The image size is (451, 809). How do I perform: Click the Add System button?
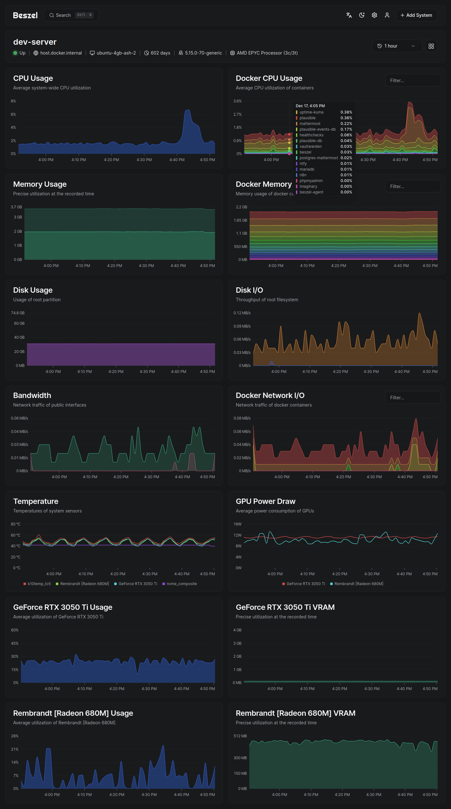(x=416, y=15)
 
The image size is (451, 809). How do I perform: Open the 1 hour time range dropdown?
(x=396, y=46)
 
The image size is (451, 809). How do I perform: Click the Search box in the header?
(x=71, y=15)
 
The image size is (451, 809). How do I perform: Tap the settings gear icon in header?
(x=374, y=15)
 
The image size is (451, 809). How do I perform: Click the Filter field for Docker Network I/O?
(x=412, y=397)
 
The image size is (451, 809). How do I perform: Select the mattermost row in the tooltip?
(x=310, y=124)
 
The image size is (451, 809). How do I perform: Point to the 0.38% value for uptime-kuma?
(x=346, y=112)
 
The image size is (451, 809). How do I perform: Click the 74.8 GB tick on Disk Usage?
(x=18, y=313)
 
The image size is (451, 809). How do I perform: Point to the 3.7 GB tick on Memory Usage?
(x=16, y=207)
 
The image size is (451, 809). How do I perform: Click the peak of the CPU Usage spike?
(x=188, y=110)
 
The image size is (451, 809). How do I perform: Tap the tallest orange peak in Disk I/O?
(x=419, y=314)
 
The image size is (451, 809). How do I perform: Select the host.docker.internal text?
(x=61, y=53)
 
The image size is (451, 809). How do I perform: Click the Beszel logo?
(x=25, y=15)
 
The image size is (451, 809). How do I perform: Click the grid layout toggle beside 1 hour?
(x=431, y=46)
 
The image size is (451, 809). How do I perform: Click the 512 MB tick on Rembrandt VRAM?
(x=240, y=736)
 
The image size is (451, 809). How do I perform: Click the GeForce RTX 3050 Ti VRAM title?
(x=285, y=607)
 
